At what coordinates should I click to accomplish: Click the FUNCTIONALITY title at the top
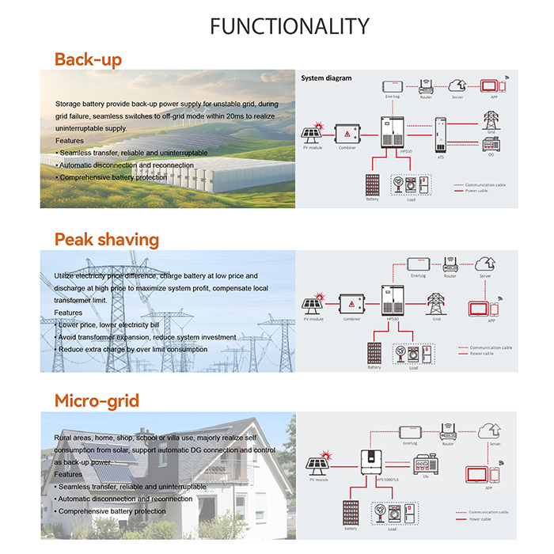[x=289, y=26]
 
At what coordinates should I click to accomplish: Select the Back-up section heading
[x=88, y=59]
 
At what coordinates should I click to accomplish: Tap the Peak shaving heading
[x=106, y=239]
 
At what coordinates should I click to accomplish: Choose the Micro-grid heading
[x=97, y=400]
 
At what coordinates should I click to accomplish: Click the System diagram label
[x=327, y=78]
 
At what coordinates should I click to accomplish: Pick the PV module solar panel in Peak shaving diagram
[x=310, y=304]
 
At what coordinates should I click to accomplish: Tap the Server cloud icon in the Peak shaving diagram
[x=484, y=264]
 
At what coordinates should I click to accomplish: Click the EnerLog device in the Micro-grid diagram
[x=410, y=431]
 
